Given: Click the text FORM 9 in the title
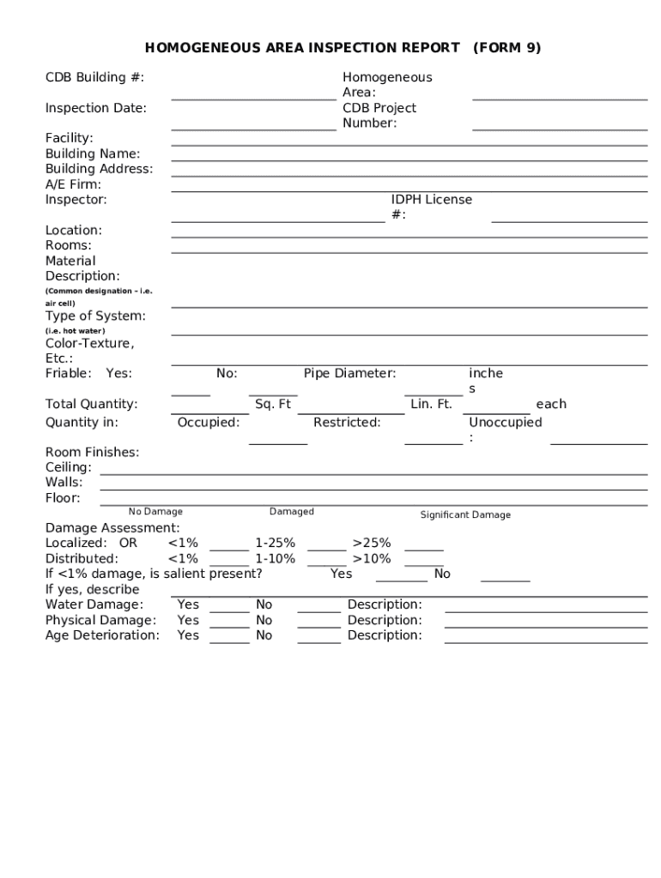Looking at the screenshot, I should point(506,48).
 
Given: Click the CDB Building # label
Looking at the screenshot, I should point(94,77).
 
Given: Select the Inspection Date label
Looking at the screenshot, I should point(95,108).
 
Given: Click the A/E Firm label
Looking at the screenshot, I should point(73,184).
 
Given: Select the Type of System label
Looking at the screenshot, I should point(95,316).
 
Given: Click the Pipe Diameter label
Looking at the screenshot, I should point(349,374).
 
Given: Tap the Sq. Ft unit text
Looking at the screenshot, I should point(273,405).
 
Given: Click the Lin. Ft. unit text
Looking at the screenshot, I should point(431,405).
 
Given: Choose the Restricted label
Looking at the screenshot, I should point(347,423).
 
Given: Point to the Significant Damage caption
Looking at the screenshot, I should point(465,515).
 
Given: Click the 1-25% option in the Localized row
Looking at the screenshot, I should point(275,544).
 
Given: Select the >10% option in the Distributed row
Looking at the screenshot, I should point(371,559).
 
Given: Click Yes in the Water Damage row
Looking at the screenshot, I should point(188,605).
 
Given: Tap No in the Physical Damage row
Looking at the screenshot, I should point(264,621).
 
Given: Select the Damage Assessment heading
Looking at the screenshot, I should point(112,528).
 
